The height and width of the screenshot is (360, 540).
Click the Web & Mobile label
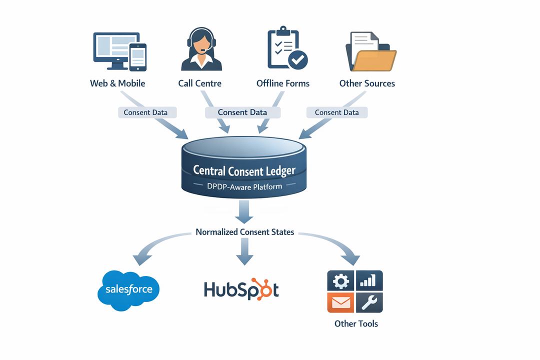coord(117,83)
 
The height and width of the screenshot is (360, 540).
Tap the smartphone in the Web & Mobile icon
coord(138,57)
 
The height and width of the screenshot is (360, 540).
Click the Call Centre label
coord(199,83)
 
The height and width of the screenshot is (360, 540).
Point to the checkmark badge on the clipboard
coord(298,60)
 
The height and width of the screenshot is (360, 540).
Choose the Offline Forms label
coord(283,83)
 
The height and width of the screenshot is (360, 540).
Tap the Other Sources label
coord(367,83)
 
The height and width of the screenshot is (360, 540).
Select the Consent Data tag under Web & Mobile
coord(145,112)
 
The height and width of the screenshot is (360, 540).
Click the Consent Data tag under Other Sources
coord(336,112)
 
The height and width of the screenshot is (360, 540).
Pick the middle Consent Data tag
coord(242,112)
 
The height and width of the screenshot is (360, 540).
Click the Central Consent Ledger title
coord(244,170)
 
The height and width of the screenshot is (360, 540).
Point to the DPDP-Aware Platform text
coord(244,186)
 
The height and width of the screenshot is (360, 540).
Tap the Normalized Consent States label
coord(244,232)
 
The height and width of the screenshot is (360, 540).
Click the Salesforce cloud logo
coord(128,290)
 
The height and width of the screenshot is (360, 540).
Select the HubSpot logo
coord(241,289)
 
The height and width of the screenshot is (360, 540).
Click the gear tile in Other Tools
coord(340,280)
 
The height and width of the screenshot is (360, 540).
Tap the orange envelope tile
coord(340,302)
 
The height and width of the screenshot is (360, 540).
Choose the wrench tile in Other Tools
coord(369,302)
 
